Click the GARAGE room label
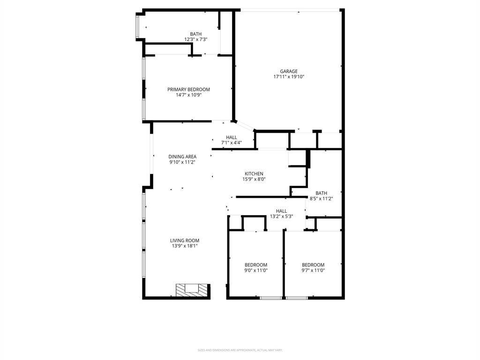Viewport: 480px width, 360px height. click(289, 72)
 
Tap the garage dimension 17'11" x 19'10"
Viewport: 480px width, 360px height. click(289, 77)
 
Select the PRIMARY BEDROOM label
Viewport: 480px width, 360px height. click(188, 90)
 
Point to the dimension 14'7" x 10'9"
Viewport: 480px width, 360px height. click(188, 95)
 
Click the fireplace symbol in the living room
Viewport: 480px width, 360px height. click(191, 290)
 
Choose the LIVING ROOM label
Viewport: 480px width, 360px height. click(185, 240)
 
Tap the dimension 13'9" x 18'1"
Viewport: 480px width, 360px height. click(185, 246)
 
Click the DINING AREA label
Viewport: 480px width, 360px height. click(182, 157)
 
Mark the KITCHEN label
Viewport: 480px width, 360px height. click(254, 174)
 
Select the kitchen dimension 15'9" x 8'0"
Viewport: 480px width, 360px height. click(254, 179)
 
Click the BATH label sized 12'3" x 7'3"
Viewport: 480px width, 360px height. click(195, 34)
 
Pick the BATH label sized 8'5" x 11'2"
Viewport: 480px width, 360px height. click(321, 193)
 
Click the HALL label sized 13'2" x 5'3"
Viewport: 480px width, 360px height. click(281, 211)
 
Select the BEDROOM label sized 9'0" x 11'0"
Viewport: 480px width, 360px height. click(256, 265)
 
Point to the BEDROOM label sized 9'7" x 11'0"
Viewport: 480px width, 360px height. click(313, 265)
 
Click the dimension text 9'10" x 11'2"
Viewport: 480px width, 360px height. click(182, 162)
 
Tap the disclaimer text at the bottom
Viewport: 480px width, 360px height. click(240, 350)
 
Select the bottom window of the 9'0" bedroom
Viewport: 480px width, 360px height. click(270, 298)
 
